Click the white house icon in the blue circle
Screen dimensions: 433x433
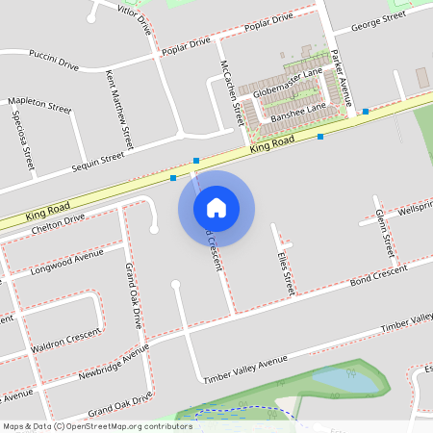pyautogui.click(x=216, y=207)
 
